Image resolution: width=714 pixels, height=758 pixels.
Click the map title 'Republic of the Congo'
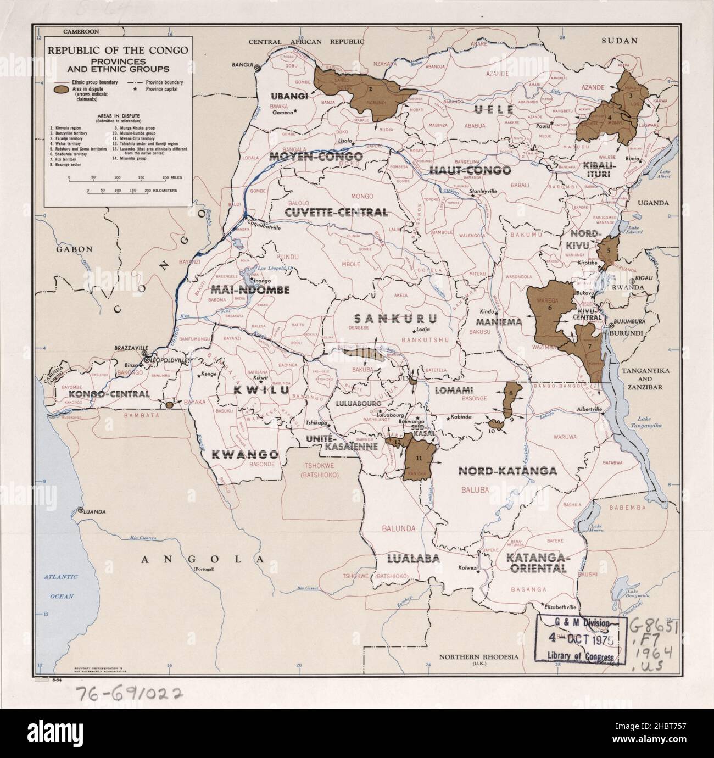(118, 50)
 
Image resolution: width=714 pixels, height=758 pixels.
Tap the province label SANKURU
(395, 319)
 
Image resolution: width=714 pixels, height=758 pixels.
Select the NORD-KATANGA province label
(507, 471)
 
